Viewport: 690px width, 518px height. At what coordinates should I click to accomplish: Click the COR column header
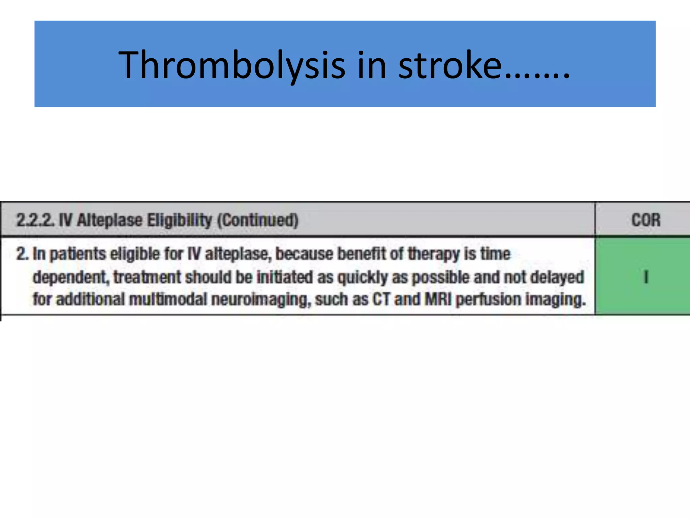coord(646,220)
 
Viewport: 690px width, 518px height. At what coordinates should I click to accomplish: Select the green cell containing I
coord(646,277)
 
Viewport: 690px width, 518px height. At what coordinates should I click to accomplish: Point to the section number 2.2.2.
coord(35,220)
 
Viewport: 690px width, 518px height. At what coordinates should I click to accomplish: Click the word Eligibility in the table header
coord(179,220)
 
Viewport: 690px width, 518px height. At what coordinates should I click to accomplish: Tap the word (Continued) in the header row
coord(258,220)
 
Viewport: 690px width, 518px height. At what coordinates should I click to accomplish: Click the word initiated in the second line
coord(285,277)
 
